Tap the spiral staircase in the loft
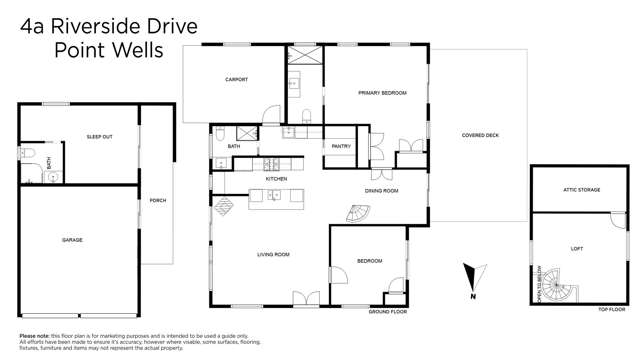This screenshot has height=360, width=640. pyautogui.click(x=563, y=293)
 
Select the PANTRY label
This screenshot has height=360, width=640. pyautogui.click(x=340, y=146)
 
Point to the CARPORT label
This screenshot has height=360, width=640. pyautogui.click(x=236, y=80)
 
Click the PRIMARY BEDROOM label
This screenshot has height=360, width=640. pyautogui.click(x=382, y=93)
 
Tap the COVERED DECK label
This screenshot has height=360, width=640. pyautogui.click(x=480, y=136)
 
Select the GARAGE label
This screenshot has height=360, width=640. pyautogui.click(x=72, y=240)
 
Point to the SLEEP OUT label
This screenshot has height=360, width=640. pyautogui.click(x=99, y=136)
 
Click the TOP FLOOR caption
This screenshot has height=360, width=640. pyautogui.click(x=611, y=311)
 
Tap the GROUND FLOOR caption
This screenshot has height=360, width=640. pyautogui.click(x=387, y=311)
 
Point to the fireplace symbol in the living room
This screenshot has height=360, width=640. pyautogui.click(x=225, y=206)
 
